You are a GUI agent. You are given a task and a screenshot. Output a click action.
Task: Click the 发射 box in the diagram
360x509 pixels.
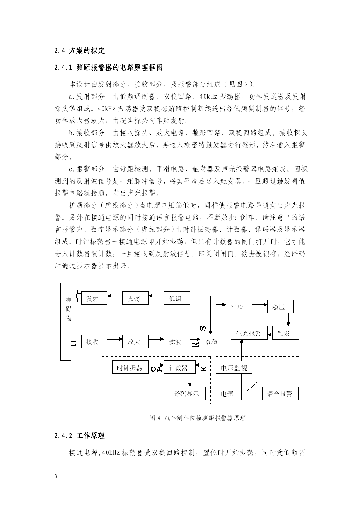coord(94,298)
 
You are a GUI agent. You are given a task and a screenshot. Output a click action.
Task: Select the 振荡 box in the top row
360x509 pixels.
coord(135,298)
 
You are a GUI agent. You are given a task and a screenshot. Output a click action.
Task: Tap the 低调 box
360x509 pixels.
coord(177,298)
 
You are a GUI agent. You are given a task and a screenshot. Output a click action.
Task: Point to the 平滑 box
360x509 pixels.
coord(239,307)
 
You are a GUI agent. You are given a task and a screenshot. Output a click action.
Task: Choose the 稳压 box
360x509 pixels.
coord(280,307)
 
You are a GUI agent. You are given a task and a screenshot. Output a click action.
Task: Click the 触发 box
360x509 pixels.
coord(285,333)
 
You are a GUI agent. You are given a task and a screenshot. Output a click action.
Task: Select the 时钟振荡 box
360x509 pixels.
coord(131,367)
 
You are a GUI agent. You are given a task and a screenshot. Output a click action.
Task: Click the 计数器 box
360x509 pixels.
coord(180,367)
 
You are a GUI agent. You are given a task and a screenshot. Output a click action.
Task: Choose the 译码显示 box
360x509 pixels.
coord(187,393)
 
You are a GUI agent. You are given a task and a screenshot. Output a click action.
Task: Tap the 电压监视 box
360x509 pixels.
coord(234,367)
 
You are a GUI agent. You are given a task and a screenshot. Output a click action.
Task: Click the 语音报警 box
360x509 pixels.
coord(281,393)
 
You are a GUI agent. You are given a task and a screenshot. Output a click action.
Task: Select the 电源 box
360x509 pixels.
coord(229,393)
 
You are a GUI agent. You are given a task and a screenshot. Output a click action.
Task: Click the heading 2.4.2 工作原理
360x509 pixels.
coord(79,436)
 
